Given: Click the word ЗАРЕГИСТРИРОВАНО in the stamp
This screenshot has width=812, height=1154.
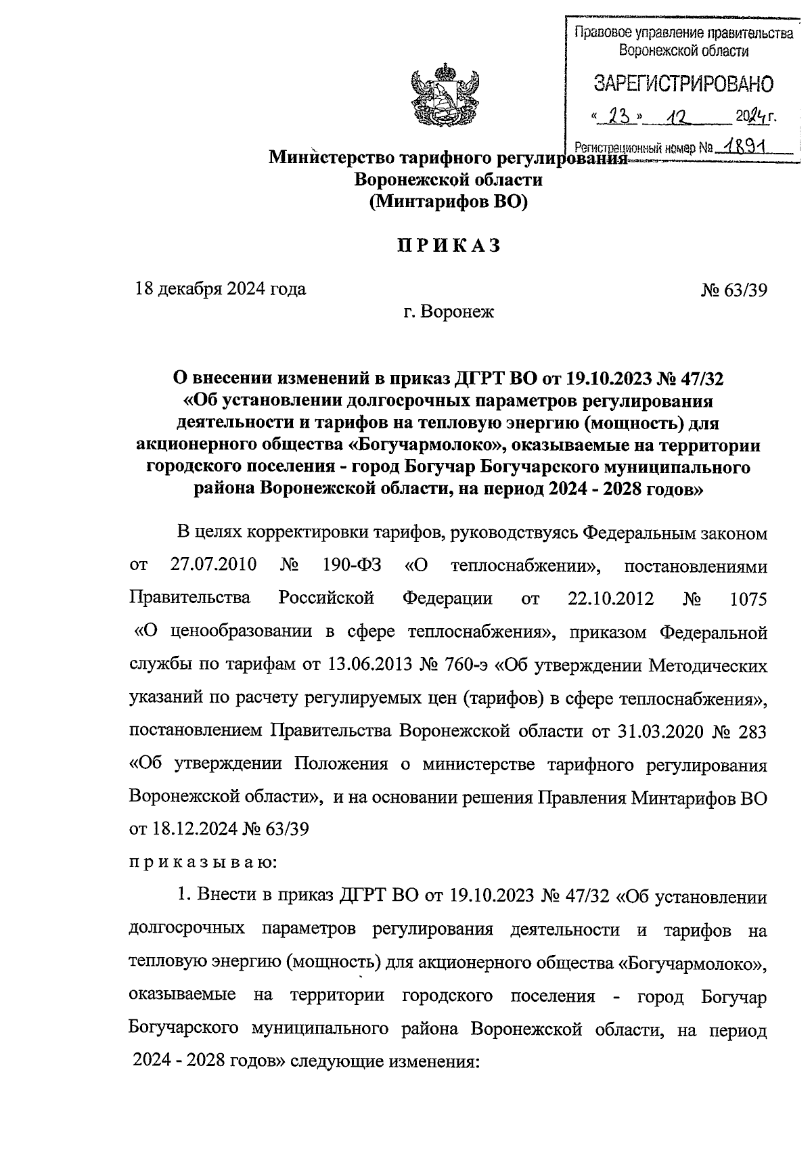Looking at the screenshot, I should [x=683, y=84].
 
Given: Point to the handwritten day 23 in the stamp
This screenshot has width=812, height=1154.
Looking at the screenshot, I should [x=616, y=116].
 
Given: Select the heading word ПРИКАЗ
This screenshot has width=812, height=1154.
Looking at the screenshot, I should [x=449, y=246].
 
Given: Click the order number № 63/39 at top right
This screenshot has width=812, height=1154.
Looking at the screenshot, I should [x=734, y=290].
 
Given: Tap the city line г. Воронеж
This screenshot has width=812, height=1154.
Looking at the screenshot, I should [x=447, y=312].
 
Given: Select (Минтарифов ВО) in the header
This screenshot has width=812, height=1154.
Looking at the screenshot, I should [x=448, y=202].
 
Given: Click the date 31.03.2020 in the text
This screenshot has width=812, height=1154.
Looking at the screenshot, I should [x=660, y=731].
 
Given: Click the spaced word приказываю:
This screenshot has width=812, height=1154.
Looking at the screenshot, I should [x=200, y=863].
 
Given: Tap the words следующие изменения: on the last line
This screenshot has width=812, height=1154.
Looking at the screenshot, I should [x=384, y=1061].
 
